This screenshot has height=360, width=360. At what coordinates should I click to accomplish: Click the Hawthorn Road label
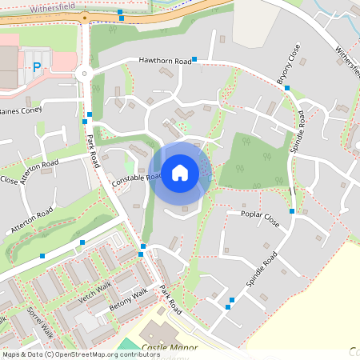tap(165, 60)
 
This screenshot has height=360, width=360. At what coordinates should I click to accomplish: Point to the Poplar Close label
tap(260, 215)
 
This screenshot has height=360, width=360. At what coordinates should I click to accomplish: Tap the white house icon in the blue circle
tap(180, 172)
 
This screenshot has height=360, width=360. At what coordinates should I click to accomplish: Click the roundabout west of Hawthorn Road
tap(82, 74)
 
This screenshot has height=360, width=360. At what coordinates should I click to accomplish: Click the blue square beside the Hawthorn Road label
tap(194, 59)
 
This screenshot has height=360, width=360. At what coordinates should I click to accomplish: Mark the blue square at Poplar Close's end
tap(292, 211)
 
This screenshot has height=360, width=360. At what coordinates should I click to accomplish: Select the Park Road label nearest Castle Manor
tap(170, 298)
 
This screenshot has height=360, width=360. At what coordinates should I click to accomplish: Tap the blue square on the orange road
tap(120, 13)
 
